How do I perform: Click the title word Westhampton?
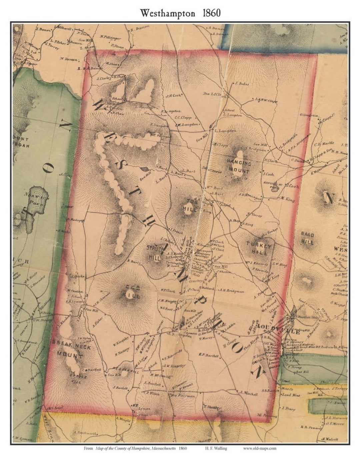[x=167, y=13]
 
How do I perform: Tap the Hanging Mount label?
[x=238, y=167]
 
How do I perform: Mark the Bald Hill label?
[x=307, y=238]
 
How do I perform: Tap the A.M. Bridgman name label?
[x=232, y=290]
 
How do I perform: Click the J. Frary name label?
[x=288, y=408]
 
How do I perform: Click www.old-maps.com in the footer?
[x=259, y=448]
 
